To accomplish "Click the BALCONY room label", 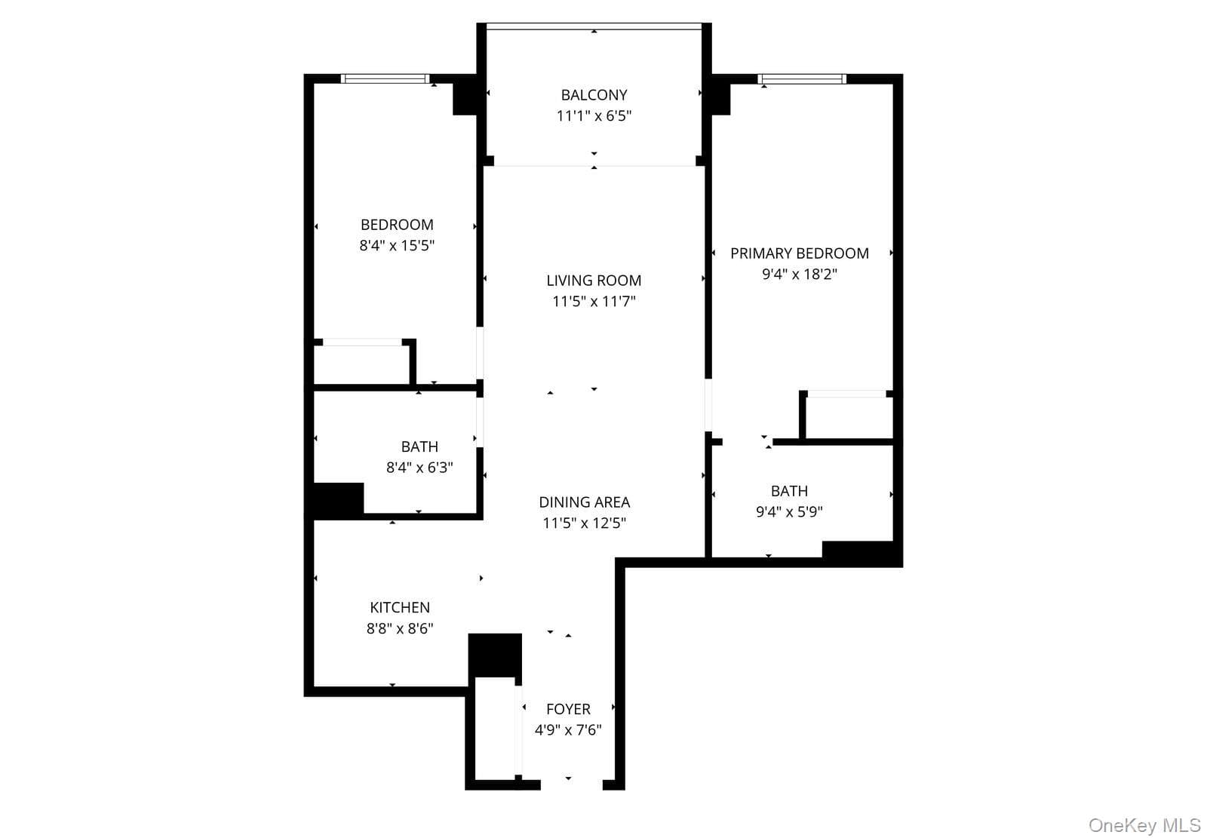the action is click(x=594, y=95).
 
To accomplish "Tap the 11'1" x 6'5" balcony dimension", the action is click(x=594, y=116).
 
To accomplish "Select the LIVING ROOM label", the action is click(x=594, y=281).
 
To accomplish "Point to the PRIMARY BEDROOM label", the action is click(x=799, y=254).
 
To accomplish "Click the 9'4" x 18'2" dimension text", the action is click(x=799, y=275).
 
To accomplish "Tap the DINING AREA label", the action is click(x=584, y=502).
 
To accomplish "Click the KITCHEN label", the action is click(x=400, y=608).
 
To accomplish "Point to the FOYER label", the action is click(x=568, y=709).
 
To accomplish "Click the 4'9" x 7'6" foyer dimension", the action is click(x=568, y=730).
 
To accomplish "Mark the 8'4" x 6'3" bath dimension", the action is click(x=419, y=468).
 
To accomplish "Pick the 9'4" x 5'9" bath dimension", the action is click(x=789, y=512).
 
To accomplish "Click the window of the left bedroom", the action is click(x=385, y=79).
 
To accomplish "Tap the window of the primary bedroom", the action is click(x=802, y=79).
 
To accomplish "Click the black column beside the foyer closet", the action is click(x=495, y=655).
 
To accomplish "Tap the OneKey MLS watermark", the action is click(x=1144, y=826).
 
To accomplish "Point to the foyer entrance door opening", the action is click(x=571, y=785).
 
